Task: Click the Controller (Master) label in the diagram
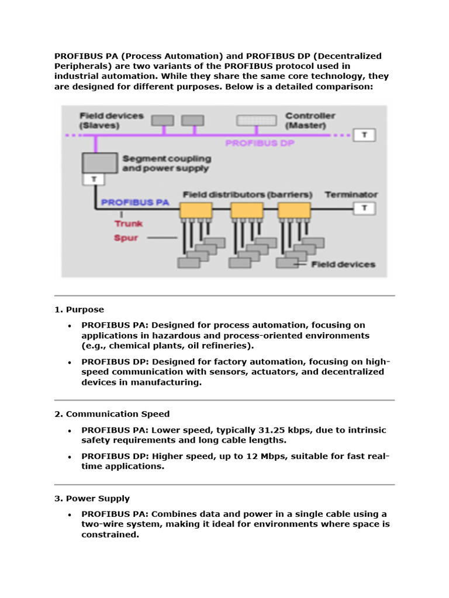click(310, 120)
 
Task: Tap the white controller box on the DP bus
click(257, 121)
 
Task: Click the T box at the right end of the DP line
click(366, 135)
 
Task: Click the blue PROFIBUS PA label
click(135, 203)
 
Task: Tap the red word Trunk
click(128, 223)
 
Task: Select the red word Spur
click(126, 238)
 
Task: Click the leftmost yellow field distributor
click(196, 211)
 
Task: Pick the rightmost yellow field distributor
click(293, 211)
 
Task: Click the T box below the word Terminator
click(365, 208)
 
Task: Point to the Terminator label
click(351, 194)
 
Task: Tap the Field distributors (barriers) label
click(248, 194)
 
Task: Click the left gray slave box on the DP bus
click(163, 120)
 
